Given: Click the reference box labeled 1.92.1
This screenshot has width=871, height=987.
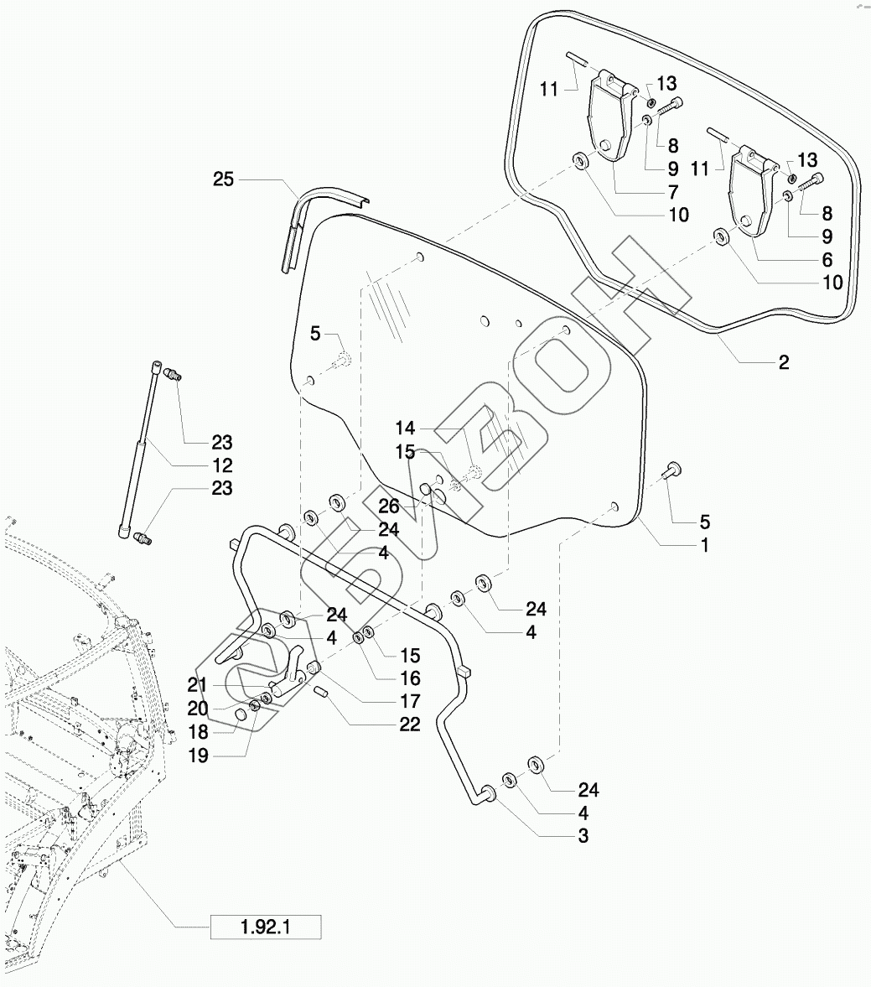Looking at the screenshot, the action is pyautogui.click(x=266, y=927).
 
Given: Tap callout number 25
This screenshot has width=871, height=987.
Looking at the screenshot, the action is pyautogui.click(x=223, y=179).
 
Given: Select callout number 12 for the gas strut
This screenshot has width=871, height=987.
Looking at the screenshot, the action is pyautogui.click(x=222, y=465).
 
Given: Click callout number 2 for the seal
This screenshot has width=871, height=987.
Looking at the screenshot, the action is pyautogui.click(x=783, y=363).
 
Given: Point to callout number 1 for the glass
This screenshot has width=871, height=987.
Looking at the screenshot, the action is pyautogui.click(x=704, y=545).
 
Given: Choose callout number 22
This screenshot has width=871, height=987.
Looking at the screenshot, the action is pyautogui.click(x=409, y=725).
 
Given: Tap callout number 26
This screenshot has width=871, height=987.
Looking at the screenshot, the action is pyautogui.click(x=388, y=506).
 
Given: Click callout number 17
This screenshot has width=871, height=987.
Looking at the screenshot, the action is pyautogui.click(x=409, y=701).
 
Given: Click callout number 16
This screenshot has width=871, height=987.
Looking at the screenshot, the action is pyautogui.click(x=410, y=678).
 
